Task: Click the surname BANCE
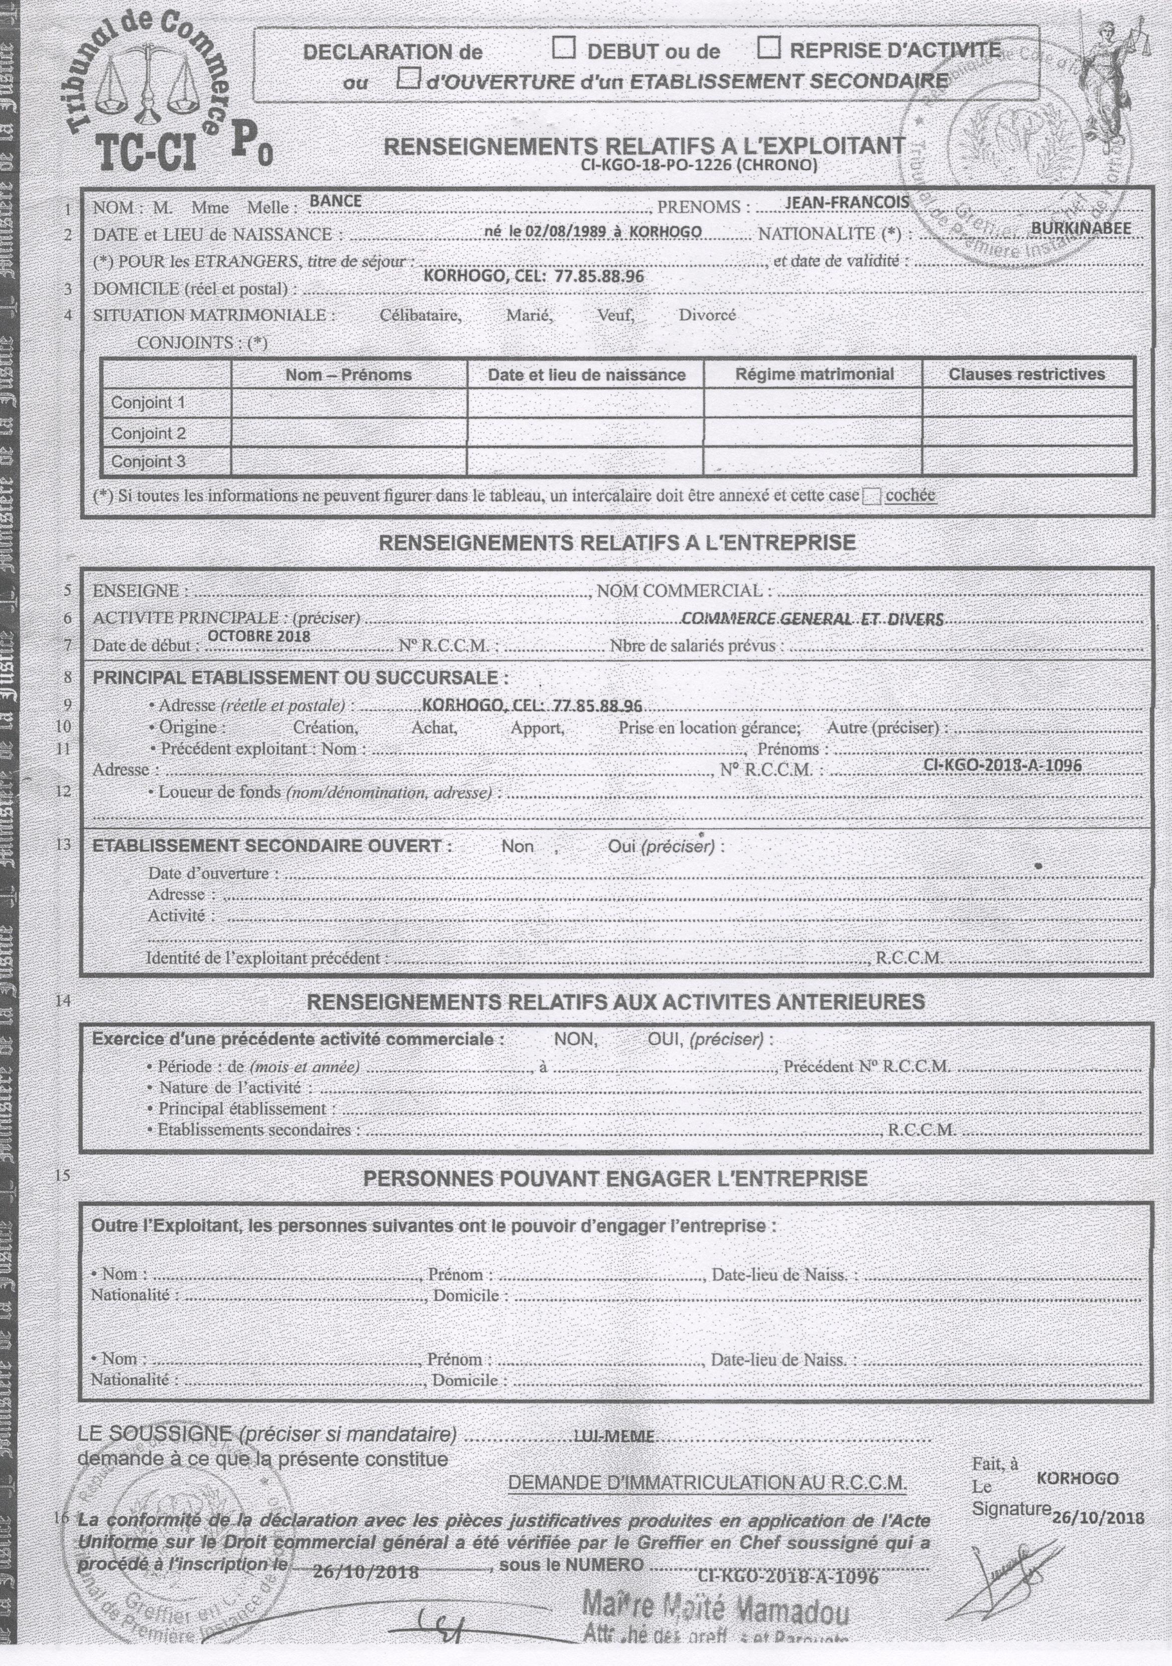coord(335,201)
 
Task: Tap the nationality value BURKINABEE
coord(1080,228)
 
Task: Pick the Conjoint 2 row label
coord(148,433)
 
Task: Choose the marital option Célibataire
coord(420,315)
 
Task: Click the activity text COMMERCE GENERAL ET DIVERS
coord(812,619)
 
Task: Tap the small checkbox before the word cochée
coord(872,496)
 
